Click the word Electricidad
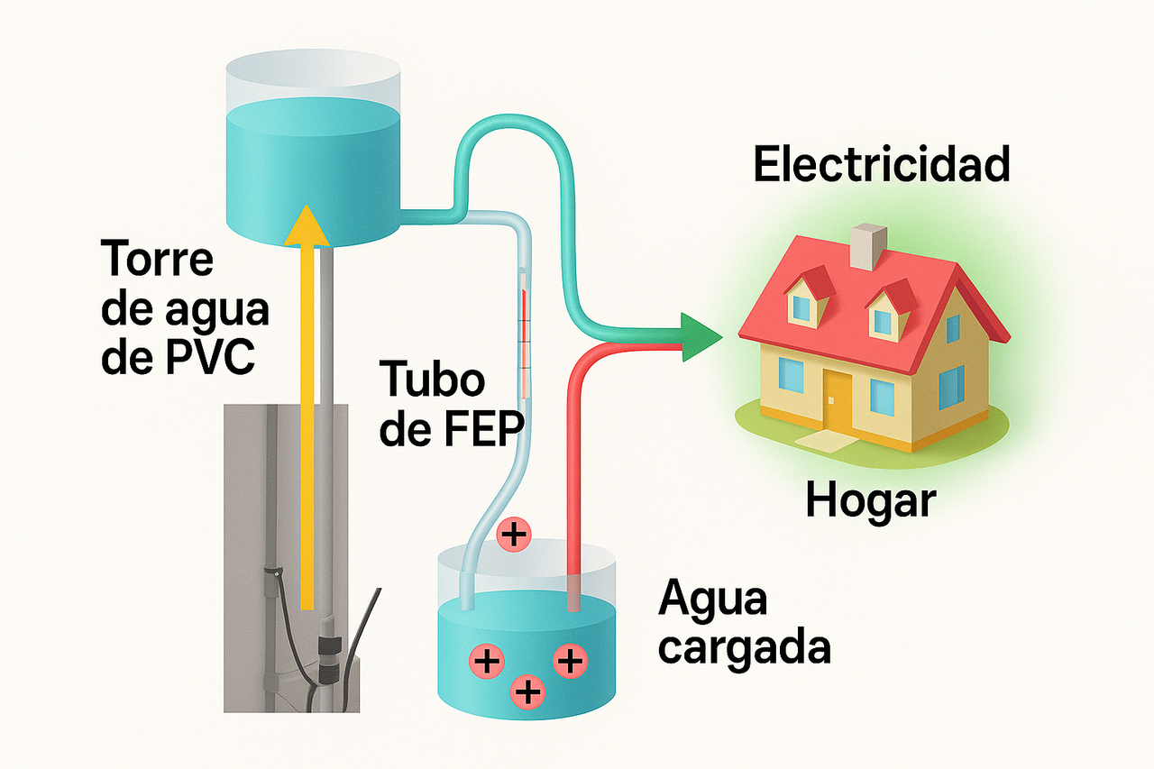coord(881,166)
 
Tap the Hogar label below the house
coord(871,500)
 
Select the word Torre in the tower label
coord(160,259)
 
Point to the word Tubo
coord(432,380)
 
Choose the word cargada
coord(744,648)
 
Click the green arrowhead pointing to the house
coord(701,337)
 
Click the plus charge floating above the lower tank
coord(514,536)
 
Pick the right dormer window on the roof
coord(884,316)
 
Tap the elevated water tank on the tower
coord(311,153)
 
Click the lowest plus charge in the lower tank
coord(527,692)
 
